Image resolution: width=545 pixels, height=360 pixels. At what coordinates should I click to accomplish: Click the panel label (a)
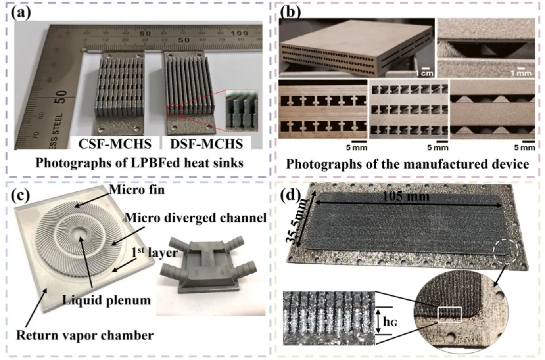coord(21,13)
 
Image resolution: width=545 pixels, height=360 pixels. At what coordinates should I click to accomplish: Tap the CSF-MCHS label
coord(115,144)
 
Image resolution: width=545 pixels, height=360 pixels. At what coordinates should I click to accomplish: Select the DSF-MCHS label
coord(206,144)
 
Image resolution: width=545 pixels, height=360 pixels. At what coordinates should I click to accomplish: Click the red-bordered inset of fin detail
coord(242,109)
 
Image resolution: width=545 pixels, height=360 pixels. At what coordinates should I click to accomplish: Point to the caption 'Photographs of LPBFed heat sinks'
coord(139,163)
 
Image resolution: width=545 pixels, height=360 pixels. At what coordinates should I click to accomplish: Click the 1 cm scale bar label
coord(424,73)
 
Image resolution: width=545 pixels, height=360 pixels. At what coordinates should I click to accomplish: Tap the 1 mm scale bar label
coord(521,73)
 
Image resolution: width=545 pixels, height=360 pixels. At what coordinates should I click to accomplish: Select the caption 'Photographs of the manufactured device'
coord(407,164)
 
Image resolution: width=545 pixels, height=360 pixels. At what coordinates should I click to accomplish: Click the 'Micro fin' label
coord(137,190)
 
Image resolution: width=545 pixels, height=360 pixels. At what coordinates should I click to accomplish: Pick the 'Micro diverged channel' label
coord(195,218)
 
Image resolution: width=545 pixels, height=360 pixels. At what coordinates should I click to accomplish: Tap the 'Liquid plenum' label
coord(106,300)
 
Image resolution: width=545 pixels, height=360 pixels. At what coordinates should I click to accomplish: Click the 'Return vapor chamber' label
coord(84,335)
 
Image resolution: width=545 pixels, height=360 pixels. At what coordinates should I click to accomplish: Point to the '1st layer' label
coord(155,252)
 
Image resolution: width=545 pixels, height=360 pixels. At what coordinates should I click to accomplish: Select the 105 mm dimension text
coord(406,196)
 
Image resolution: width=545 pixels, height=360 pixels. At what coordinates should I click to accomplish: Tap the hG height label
coord(390,322)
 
